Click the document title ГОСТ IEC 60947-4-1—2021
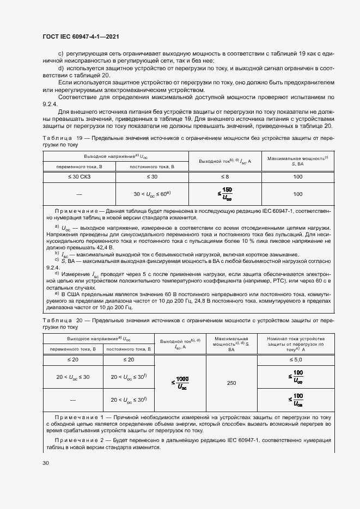(80, 36)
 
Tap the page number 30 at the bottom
(46, 463)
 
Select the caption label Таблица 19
(62, 138)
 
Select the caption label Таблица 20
(62, 321)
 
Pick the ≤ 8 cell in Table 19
(224, 177)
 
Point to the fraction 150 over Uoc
(225, 193)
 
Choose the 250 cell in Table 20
(231, 383)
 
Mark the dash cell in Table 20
(72, 400)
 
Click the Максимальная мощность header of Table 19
(297, 160)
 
